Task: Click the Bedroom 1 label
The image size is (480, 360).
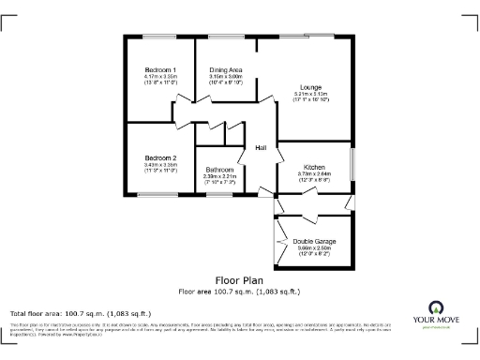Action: point(160,70)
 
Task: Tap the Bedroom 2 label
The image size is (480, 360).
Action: point(160,157)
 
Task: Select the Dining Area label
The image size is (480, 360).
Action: point(226,70)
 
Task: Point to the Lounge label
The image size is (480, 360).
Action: point(311,88)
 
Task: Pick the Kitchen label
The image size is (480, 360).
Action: point(314,166)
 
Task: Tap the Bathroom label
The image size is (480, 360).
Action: point(219,170)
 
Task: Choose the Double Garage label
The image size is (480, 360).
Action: point(314,241)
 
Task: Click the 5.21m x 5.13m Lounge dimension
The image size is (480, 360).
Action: point(311,95)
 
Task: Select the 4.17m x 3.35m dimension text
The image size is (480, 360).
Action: point(160,77)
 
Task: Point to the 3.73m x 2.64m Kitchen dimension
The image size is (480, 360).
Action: point(314,172)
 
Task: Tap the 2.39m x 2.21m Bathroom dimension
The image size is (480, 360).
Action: point(219,176)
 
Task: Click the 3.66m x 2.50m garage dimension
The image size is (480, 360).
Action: point(314,247)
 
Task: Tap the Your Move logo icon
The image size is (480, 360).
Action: point(435,307)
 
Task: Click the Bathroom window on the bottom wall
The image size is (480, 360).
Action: point(218,194)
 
